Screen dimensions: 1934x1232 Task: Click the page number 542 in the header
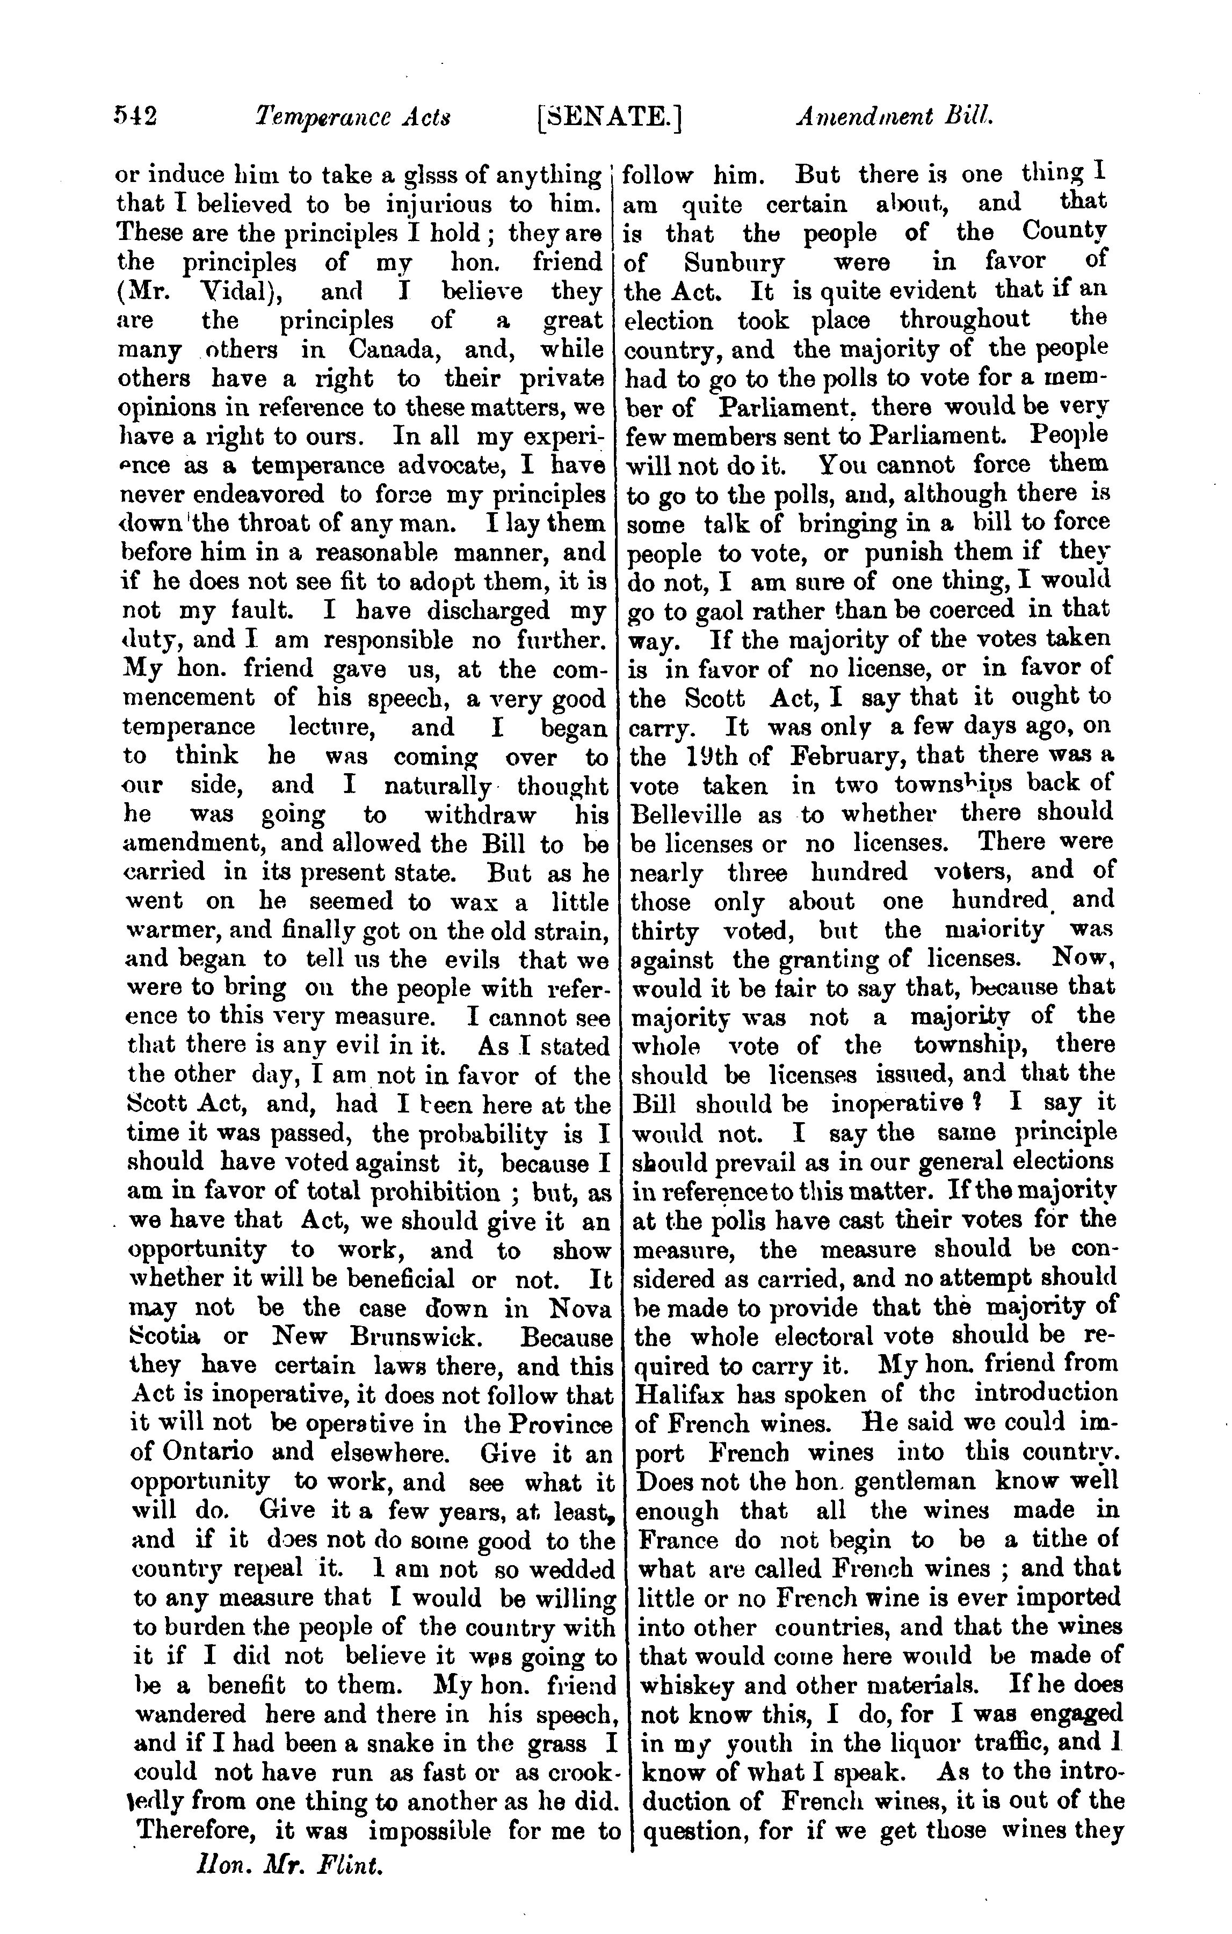135,117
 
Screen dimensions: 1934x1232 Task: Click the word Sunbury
734,263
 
